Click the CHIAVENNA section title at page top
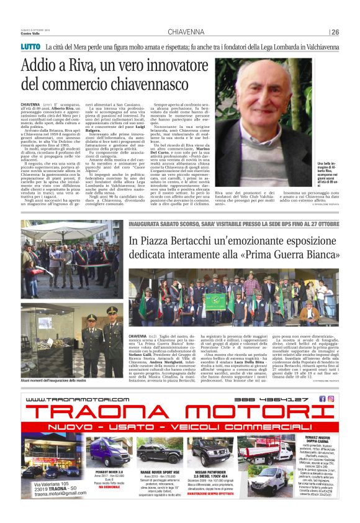point(186,32)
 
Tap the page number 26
point(335,32)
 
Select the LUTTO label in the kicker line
point(30,47)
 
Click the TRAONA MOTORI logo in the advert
point(179,412)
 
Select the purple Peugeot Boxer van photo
point(109,452)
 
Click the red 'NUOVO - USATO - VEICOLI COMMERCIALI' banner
point(179,429)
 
